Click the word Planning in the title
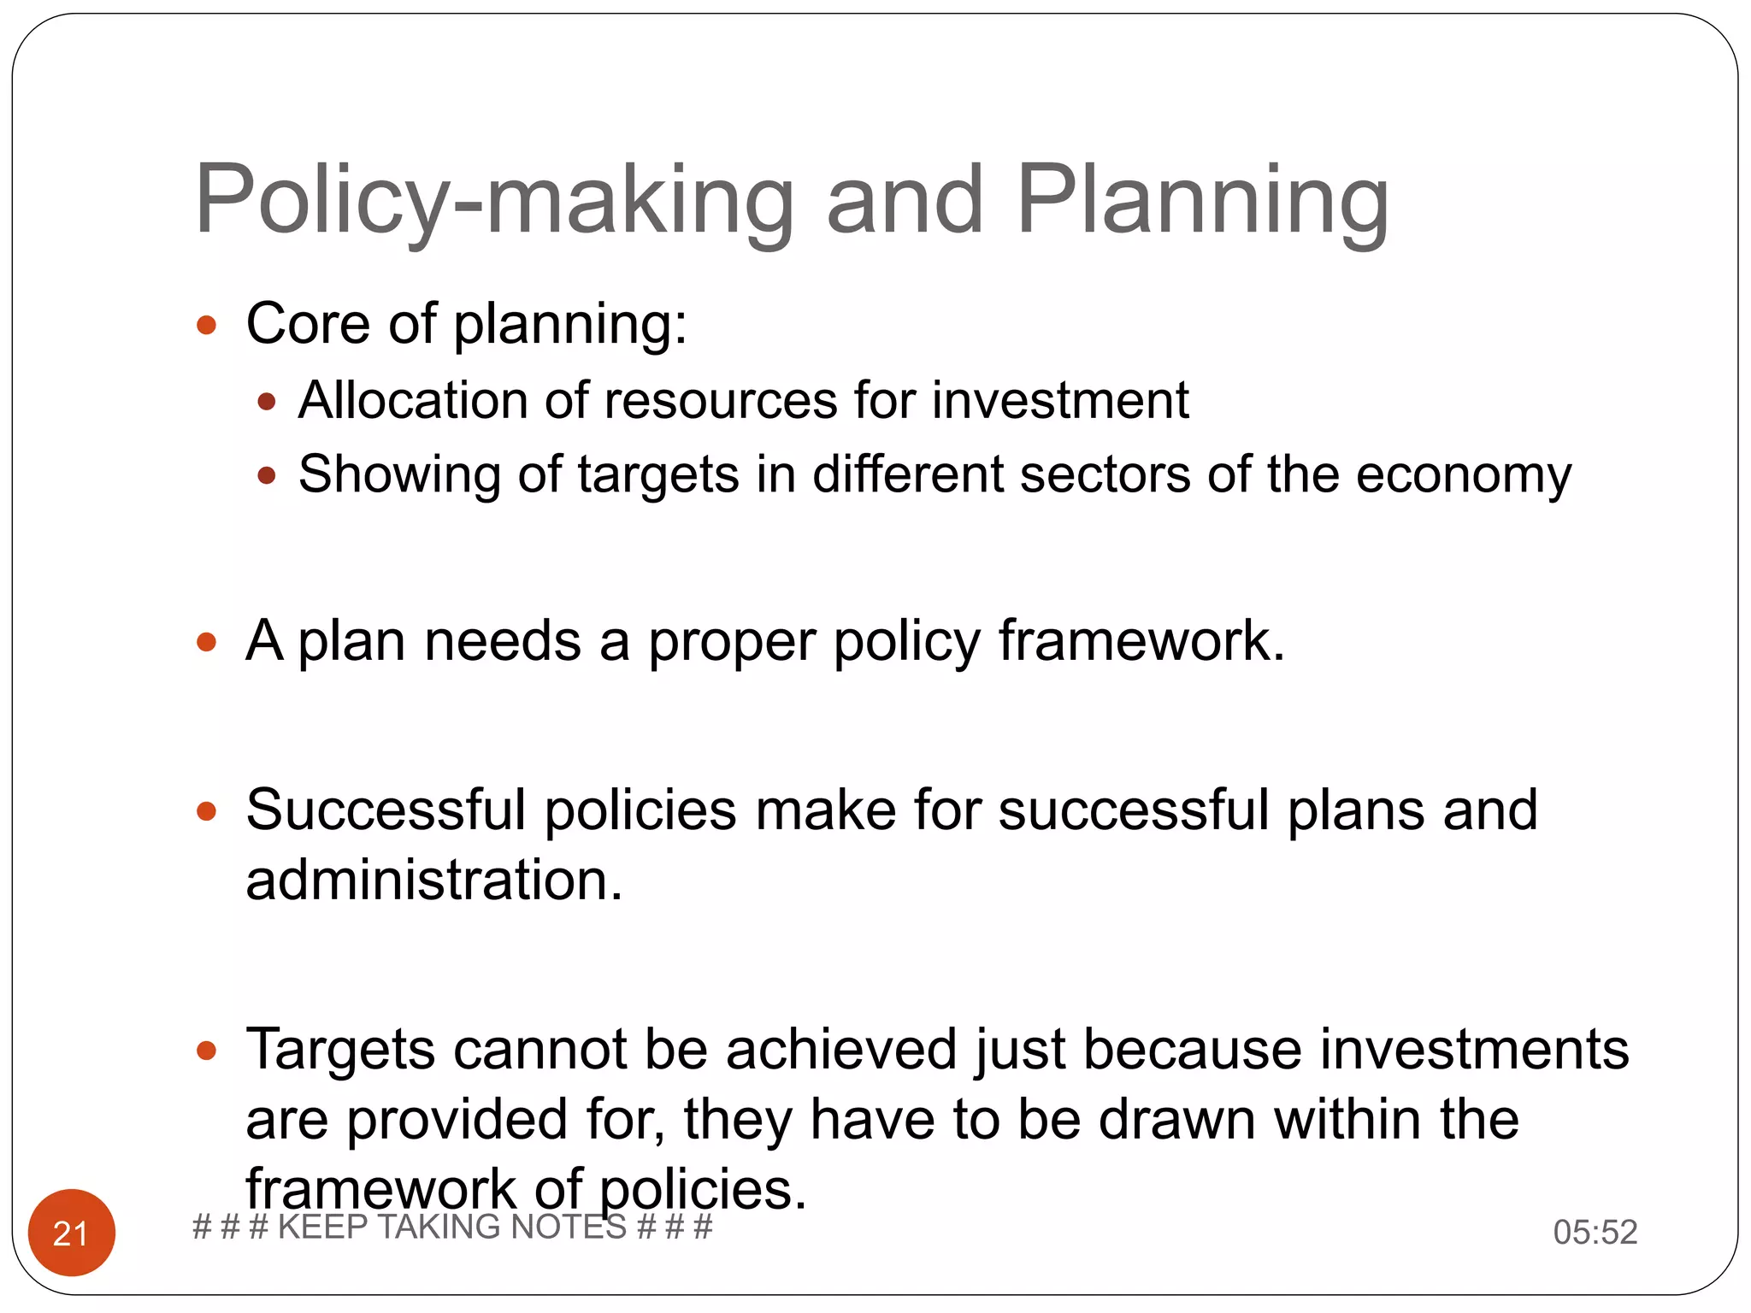1202,202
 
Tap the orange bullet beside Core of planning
206,326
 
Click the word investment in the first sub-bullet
1059,400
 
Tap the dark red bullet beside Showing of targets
267,475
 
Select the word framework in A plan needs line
1141,641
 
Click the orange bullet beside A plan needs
206,642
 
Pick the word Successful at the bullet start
385,810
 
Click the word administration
433,880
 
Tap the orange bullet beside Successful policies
206,810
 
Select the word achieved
841,1050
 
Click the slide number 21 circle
72,1233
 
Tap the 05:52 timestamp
1595,1233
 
